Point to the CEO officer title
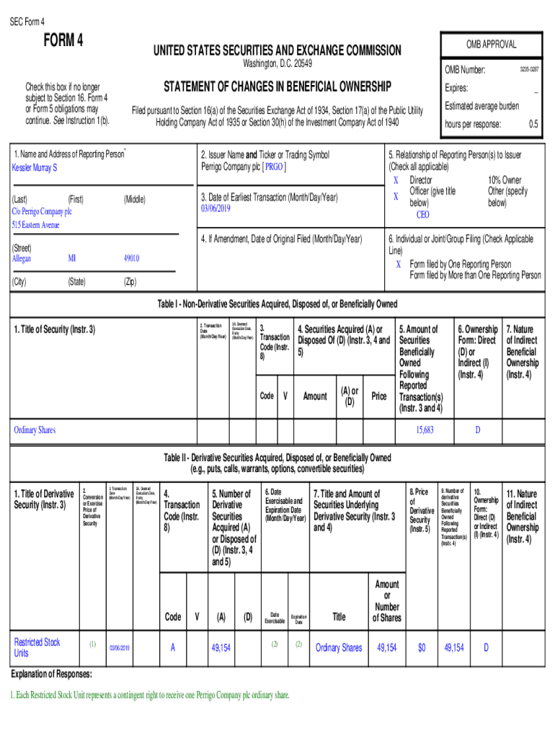click(x=422, y=214)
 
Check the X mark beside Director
click(x=395, y=180)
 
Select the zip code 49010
click(x=130, y=258)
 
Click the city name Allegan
click(x=22, y=258)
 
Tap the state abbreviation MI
click(x=72, y=258)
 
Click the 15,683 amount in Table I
click(x=425, y=430)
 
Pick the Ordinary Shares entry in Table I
click(x=35, y=430)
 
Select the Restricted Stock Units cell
click(x=37, y=647)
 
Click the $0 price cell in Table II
click(x=422, y=648)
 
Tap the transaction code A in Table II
click(x=172, y=648)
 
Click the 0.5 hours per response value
click(x=533, y=125)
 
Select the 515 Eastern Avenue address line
click(x=35, y=225)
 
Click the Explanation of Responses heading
click(x=51, y=675)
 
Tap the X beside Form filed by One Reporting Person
click(x=398, y=264)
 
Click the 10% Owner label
click(x=505, y=180)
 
